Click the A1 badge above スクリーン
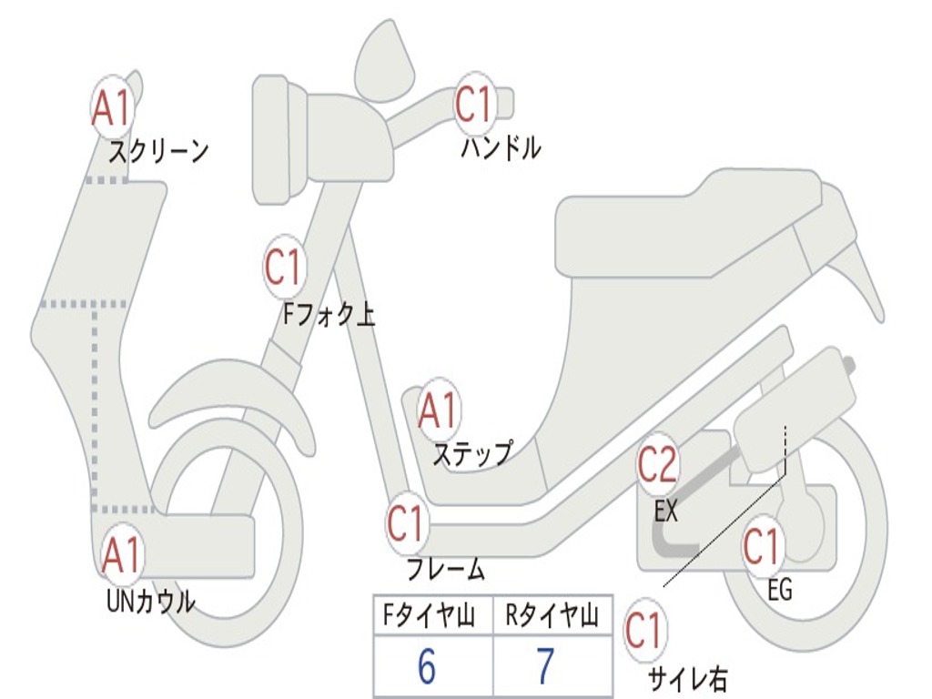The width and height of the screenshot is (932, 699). click(x=113, y=107)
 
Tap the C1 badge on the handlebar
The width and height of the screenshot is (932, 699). click(x=474, y=104)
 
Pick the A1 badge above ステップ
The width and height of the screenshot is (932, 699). click(x=440, y=411)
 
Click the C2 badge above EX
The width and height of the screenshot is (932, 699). click(x=657, y=465)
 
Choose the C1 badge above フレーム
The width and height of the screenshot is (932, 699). click(x=407, y=522)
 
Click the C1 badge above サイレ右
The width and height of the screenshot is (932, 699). click(x=644, y=631)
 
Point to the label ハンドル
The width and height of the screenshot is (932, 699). click(x=501, y=147)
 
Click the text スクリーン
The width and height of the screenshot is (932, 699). click(x=158, y=151)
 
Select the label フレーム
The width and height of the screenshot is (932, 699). click(x=445, y=571)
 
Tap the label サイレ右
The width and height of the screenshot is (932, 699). click(x=688, y=678)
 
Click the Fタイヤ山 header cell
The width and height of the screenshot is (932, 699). click(x=432, y=617)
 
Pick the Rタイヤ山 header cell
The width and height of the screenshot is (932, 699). click(x=552, y=617)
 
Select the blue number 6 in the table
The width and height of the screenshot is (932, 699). click(x=426, y=667)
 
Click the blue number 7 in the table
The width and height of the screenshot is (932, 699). click(x=545, y=667)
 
